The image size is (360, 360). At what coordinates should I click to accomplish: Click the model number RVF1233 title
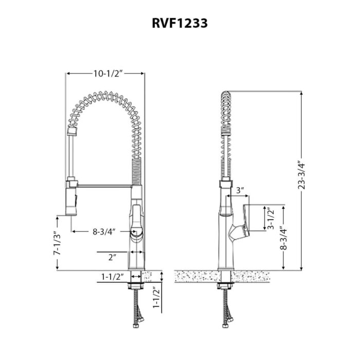(x=179, y=23)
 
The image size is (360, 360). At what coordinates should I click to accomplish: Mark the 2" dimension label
(x=112, y=256)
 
